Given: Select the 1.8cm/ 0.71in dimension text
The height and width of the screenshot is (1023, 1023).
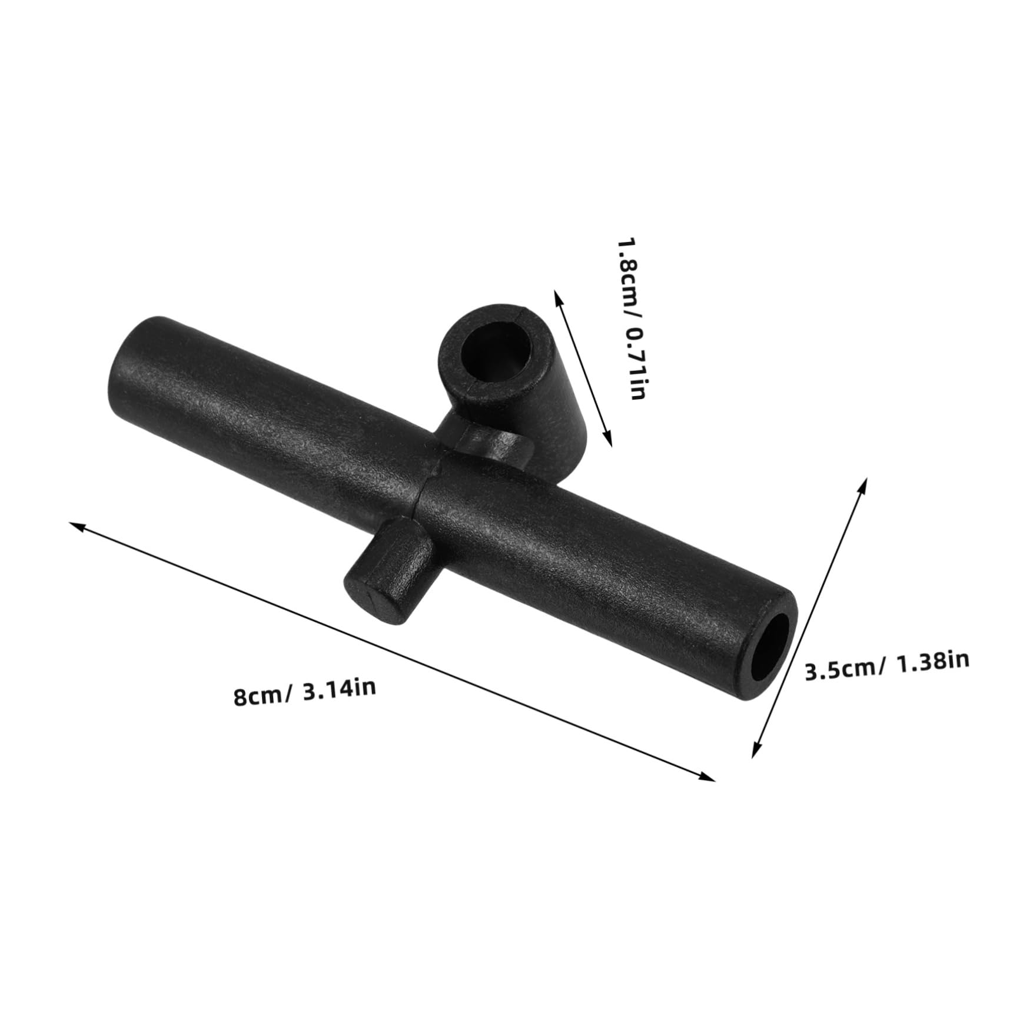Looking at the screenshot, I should click(x=630, y=318).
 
